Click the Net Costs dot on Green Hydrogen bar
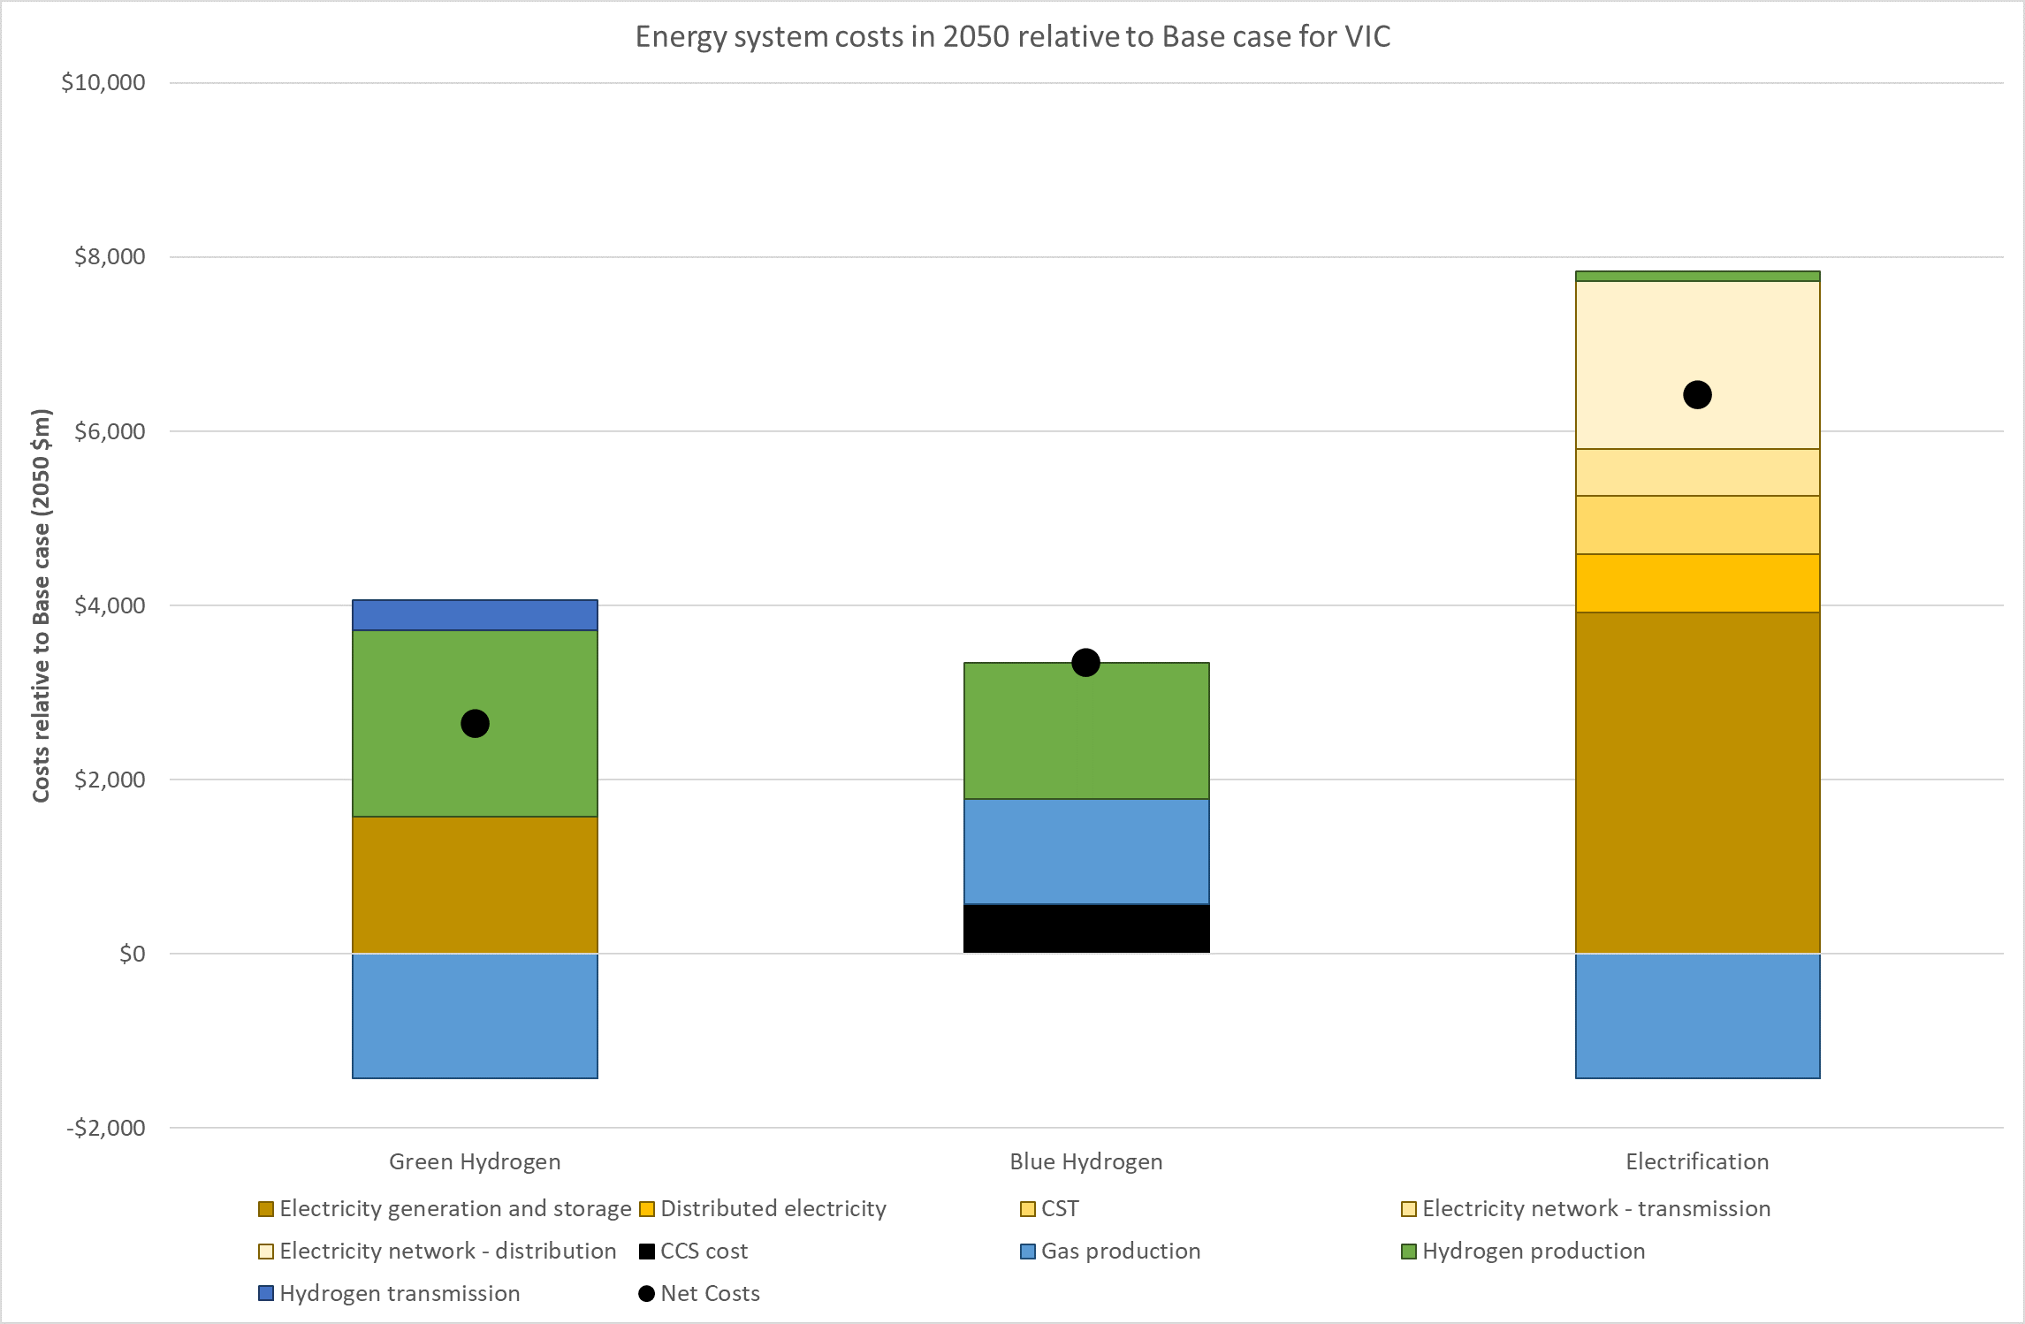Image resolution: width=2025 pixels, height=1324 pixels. (x=475, y=724)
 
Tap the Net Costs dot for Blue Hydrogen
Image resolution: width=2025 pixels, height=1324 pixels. (x=1085, y=663)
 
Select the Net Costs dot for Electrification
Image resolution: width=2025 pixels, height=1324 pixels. (x=1697, y=395)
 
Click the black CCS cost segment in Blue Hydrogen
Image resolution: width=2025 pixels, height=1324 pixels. (x=1086, y=929)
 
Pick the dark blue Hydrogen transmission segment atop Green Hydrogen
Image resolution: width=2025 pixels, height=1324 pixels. (x=475, y=615)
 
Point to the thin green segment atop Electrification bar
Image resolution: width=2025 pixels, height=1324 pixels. (x=1697, y=277)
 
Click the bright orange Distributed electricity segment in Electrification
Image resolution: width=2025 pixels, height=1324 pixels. (x=1697, y=583)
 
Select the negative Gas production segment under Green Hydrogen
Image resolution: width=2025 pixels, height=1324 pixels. (x=475, y=1016)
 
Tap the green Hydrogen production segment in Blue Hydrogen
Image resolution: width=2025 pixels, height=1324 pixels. (x=1086, y=731)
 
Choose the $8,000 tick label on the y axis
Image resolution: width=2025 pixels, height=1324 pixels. (x=110, y=257)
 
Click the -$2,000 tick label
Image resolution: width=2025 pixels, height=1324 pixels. (x=106, y=1128)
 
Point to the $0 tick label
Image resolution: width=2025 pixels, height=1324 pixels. (x=132, y=955)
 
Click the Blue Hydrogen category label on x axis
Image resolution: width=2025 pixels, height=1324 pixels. (x=1086, y=1161)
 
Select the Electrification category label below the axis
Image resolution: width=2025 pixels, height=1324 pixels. (x=1697, y=1161)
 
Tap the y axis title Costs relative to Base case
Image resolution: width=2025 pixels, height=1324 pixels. (x=42, y=605)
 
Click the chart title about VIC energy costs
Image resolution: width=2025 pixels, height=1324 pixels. (x=1013, y=37)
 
